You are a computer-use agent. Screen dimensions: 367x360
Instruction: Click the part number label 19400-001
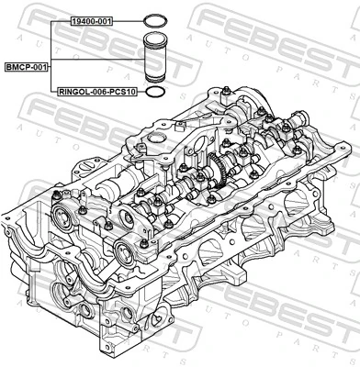(x=93, y=19)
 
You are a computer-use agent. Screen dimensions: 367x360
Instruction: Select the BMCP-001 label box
(x=27, y=67)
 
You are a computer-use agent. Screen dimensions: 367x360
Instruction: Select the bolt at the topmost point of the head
(x=224, y=88)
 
